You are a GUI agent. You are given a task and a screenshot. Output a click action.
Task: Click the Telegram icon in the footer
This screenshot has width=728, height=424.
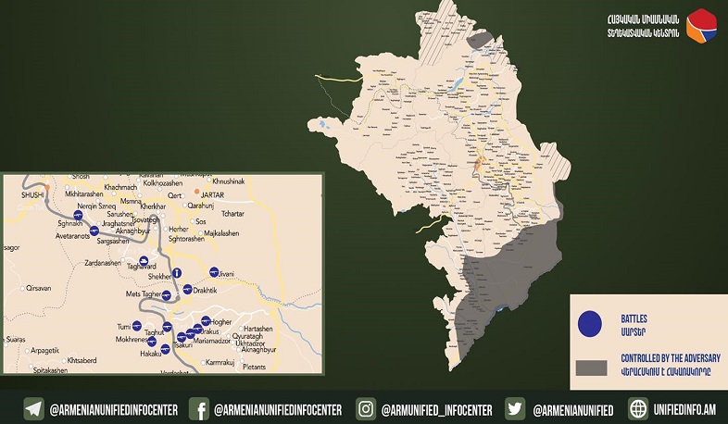[34, 408]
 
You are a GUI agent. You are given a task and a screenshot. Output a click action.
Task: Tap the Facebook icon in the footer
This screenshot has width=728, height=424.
[198, 408]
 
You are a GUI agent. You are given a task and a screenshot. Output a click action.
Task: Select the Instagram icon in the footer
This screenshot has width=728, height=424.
[367, 408]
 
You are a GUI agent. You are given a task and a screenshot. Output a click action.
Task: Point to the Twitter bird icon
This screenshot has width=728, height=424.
[516, 408]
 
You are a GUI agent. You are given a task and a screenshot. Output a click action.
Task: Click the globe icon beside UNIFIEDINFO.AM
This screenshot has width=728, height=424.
[637, 408]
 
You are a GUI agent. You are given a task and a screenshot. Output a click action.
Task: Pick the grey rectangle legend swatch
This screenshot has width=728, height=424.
[591, 368]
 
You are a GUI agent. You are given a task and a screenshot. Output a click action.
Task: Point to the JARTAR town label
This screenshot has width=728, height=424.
[213, 193]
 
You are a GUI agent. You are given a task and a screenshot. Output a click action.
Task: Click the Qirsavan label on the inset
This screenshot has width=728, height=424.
[40, 288]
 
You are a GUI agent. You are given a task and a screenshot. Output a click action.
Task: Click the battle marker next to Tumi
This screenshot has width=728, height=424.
[137, 326]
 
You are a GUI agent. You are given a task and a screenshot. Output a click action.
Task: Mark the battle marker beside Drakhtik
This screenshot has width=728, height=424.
[187, 290]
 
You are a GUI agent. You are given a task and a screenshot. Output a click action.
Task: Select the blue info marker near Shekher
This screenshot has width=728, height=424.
[176, 273]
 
